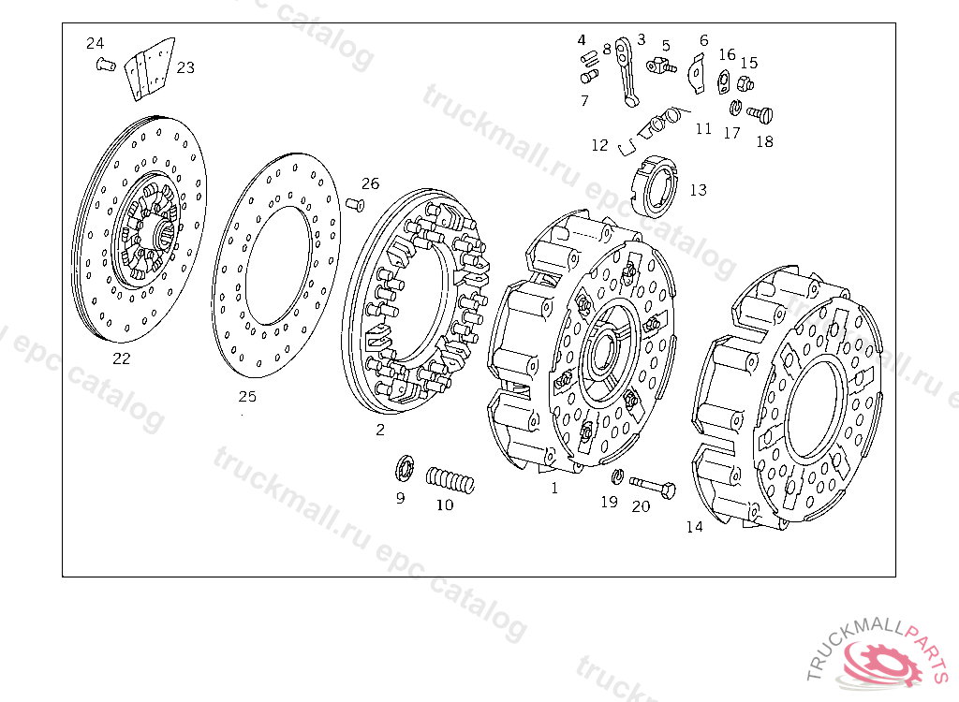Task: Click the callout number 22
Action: point(121,358)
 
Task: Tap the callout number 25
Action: point(247,396)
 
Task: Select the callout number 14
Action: point(694,526)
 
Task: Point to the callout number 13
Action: point(698,190)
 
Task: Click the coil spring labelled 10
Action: point(450,481)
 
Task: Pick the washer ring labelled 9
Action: point(404,468)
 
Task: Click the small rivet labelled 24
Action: point(106,64)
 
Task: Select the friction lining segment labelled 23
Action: point(149,68)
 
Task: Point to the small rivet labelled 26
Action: point(355,204)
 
